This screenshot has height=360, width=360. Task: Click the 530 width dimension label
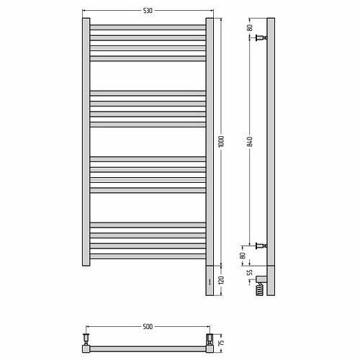coord(148,11)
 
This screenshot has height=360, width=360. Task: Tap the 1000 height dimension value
coord(221,141)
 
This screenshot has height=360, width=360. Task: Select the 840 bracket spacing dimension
coord(250,142)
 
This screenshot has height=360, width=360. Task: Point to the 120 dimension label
coord(221,280)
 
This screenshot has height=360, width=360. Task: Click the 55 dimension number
coord(250,273)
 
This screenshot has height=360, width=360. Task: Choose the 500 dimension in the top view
coord(148,327)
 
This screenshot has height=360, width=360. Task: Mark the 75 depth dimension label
coord(222,342)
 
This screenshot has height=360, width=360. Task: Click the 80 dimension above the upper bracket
coord(250,27)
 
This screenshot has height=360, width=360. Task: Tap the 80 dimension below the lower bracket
coord(243,256)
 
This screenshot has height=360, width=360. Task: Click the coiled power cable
coord(260,289)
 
